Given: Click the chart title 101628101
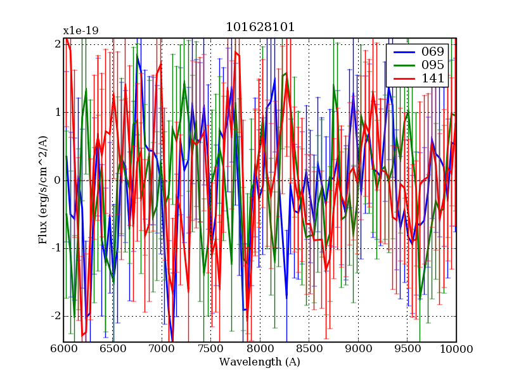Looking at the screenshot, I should tap(260, 28).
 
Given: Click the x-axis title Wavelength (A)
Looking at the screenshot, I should tap(260, 362).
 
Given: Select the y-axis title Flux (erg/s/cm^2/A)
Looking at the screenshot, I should tap(43, 180).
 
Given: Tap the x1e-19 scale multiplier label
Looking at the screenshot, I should tap(80, 30).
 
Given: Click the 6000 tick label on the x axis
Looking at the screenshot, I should tap(63, 348).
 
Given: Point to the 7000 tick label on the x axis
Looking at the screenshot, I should tap(162, 348).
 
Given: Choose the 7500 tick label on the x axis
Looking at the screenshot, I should tap(210, 348).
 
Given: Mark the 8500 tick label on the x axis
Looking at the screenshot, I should tap(309, 348).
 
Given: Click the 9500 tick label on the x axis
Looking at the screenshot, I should tap(407, 348).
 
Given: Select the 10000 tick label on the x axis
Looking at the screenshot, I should tap(456, 348).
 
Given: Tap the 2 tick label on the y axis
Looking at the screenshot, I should tap(57, 44).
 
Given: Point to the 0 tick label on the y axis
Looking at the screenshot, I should tap(57, 180).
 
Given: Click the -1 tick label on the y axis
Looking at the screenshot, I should tap(55, 248).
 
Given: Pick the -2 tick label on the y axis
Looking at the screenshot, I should tap(55, 316).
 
